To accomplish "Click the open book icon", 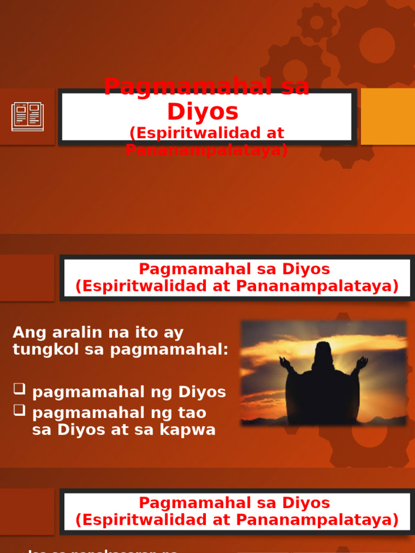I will point(28,116).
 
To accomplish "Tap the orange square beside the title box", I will point(387,117).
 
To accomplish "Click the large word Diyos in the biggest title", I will point(203,111).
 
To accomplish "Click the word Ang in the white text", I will point(27,333).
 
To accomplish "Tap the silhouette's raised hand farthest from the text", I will point(362,362).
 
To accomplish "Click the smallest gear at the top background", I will point(317,22).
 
